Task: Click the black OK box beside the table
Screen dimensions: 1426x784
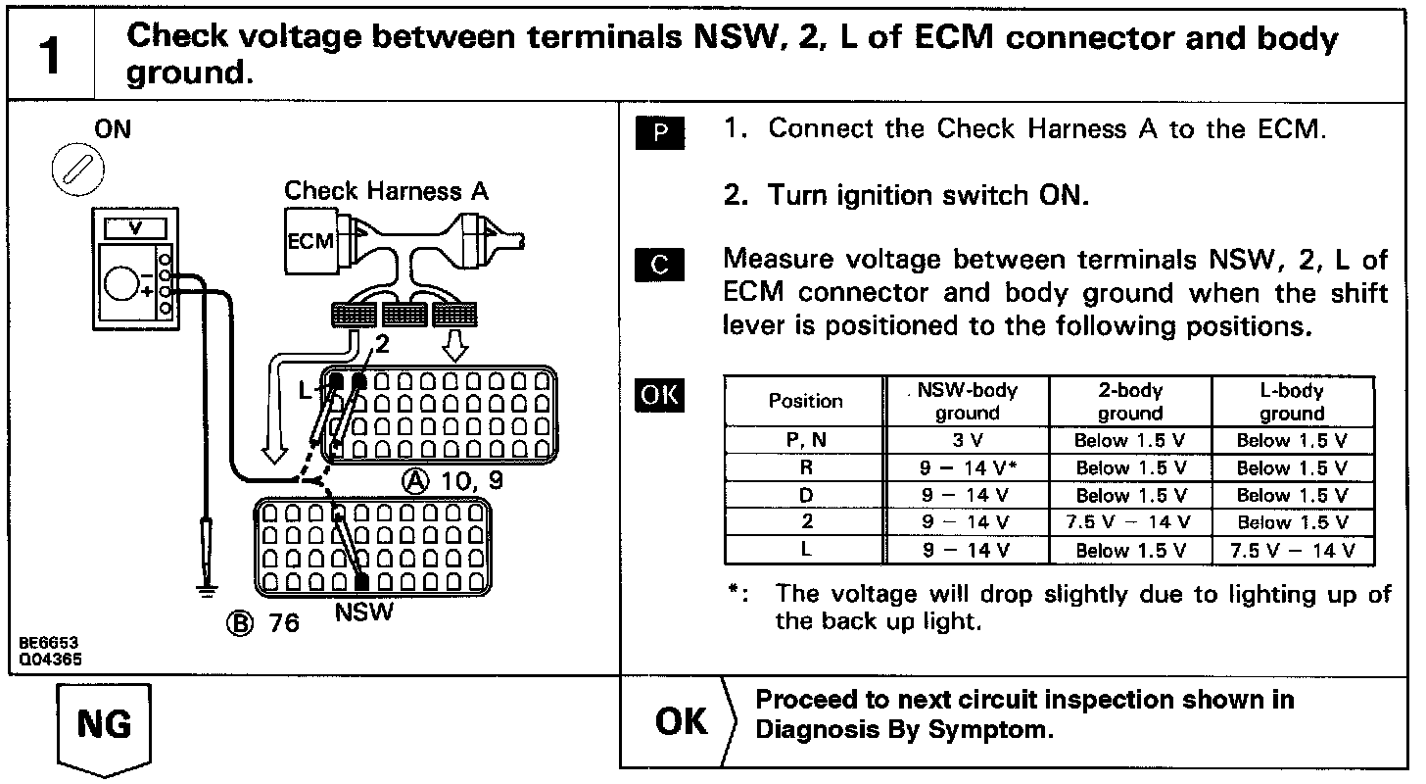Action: point(659,395)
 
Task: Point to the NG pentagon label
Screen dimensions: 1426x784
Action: point(104,726)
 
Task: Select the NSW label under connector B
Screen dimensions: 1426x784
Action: point(364,613)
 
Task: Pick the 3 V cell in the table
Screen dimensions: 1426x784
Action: point(967,441)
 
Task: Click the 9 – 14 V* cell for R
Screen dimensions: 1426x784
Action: point(967,468)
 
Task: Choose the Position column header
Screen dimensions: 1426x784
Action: point(805,401)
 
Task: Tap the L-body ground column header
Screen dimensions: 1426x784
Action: point(1292,402)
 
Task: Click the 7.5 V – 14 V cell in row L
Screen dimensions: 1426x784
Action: point(1292,551)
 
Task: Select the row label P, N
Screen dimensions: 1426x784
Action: point(805,441)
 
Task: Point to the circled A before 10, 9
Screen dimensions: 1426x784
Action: point(416,481)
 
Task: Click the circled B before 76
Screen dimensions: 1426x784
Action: point(238,623)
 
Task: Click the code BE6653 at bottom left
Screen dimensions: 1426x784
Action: point(49,643)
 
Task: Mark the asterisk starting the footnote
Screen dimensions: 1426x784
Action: point(737,594)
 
